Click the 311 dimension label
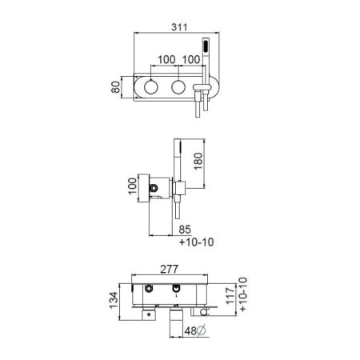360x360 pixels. point(179,27)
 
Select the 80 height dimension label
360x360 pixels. point(116,87)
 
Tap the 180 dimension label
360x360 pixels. point(198,161)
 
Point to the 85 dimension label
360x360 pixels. point(185,230)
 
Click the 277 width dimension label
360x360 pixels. point(169,269)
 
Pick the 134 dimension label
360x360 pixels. point(114,300)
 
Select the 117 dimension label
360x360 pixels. point(230,296)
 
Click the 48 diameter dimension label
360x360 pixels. point(191,331)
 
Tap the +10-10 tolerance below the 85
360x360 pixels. point(196,242)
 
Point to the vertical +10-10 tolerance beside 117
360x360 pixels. point(243,294)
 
